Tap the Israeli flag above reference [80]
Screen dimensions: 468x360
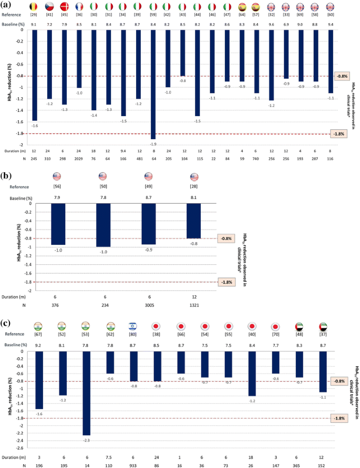(132, 326)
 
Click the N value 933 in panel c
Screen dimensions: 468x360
(132, 465)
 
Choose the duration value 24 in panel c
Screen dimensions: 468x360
(157, 457)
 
